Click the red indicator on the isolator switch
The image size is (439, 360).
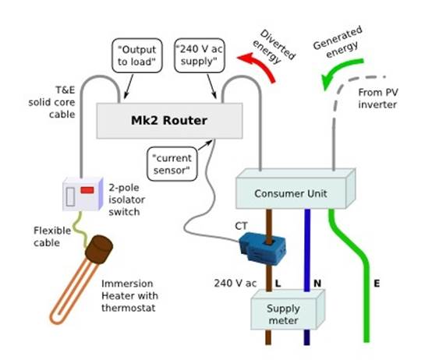pos(87,189)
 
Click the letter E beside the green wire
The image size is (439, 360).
pos(377,282)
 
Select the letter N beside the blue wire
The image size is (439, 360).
pos(317,282)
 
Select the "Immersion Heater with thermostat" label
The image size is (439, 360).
pos(129,295)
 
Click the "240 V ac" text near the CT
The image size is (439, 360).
pos(240,282)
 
